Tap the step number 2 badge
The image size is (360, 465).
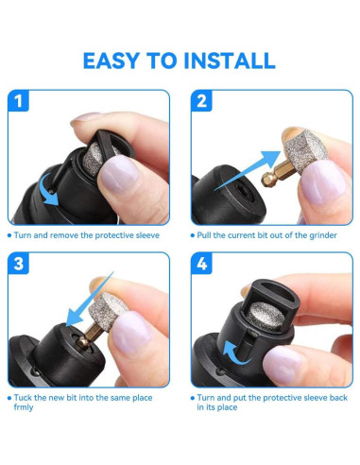(201, 101)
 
